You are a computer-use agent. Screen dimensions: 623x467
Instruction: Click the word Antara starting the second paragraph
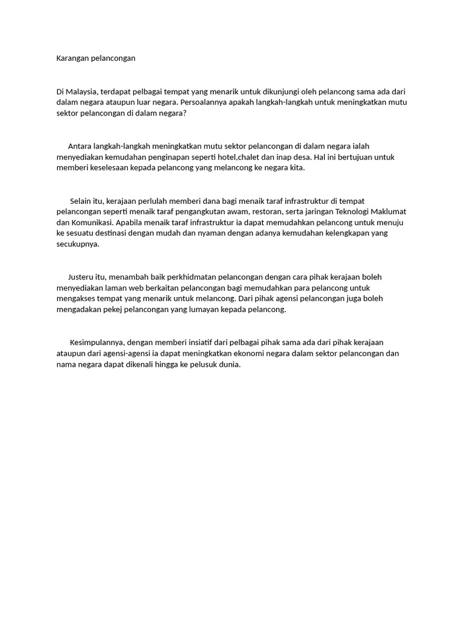tap(80, 146)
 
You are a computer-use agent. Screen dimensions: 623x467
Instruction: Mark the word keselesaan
tap(107, 168)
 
